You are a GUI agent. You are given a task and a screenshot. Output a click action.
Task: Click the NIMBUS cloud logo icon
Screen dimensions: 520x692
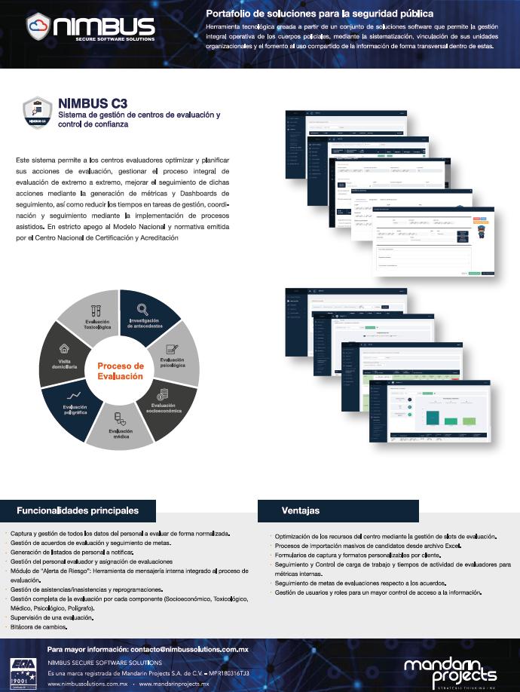tap(38, 27)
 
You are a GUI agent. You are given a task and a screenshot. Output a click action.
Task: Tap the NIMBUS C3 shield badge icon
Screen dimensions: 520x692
tap(32, 114)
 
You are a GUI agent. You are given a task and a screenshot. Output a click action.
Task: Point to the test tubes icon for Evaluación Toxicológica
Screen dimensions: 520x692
tap(96, 309)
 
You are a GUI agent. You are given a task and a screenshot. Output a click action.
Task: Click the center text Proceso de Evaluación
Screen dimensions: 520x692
tap(121, 370)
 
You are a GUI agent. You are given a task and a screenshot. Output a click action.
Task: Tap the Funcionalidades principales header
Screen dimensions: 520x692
tap(78, 510)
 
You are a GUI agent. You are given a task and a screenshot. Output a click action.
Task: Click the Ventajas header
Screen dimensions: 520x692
tap(301, 510)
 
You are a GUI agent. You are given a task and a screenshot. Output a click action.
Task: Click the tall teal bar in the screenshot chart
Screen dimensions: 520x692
tap(433, 417)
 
